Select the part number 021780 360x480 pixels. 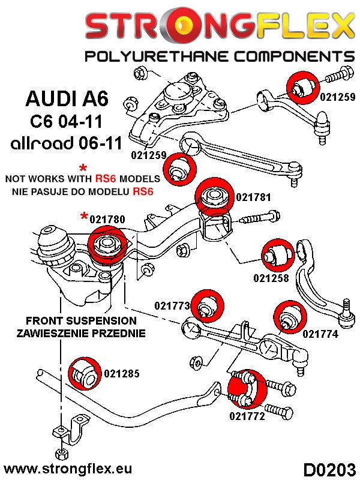tap(108, 220)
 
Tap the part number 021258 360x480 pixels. tap(271, 278)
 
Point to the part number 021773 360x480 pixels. tap(172, 306)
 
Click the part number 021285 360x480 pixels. tap(121, 374)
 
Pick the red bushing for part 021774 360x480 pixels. tap(288, 317)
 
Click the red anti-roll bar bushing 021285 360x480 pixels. tap(81, 373)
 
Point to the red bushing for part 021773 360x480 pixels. tap(208, 305)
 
